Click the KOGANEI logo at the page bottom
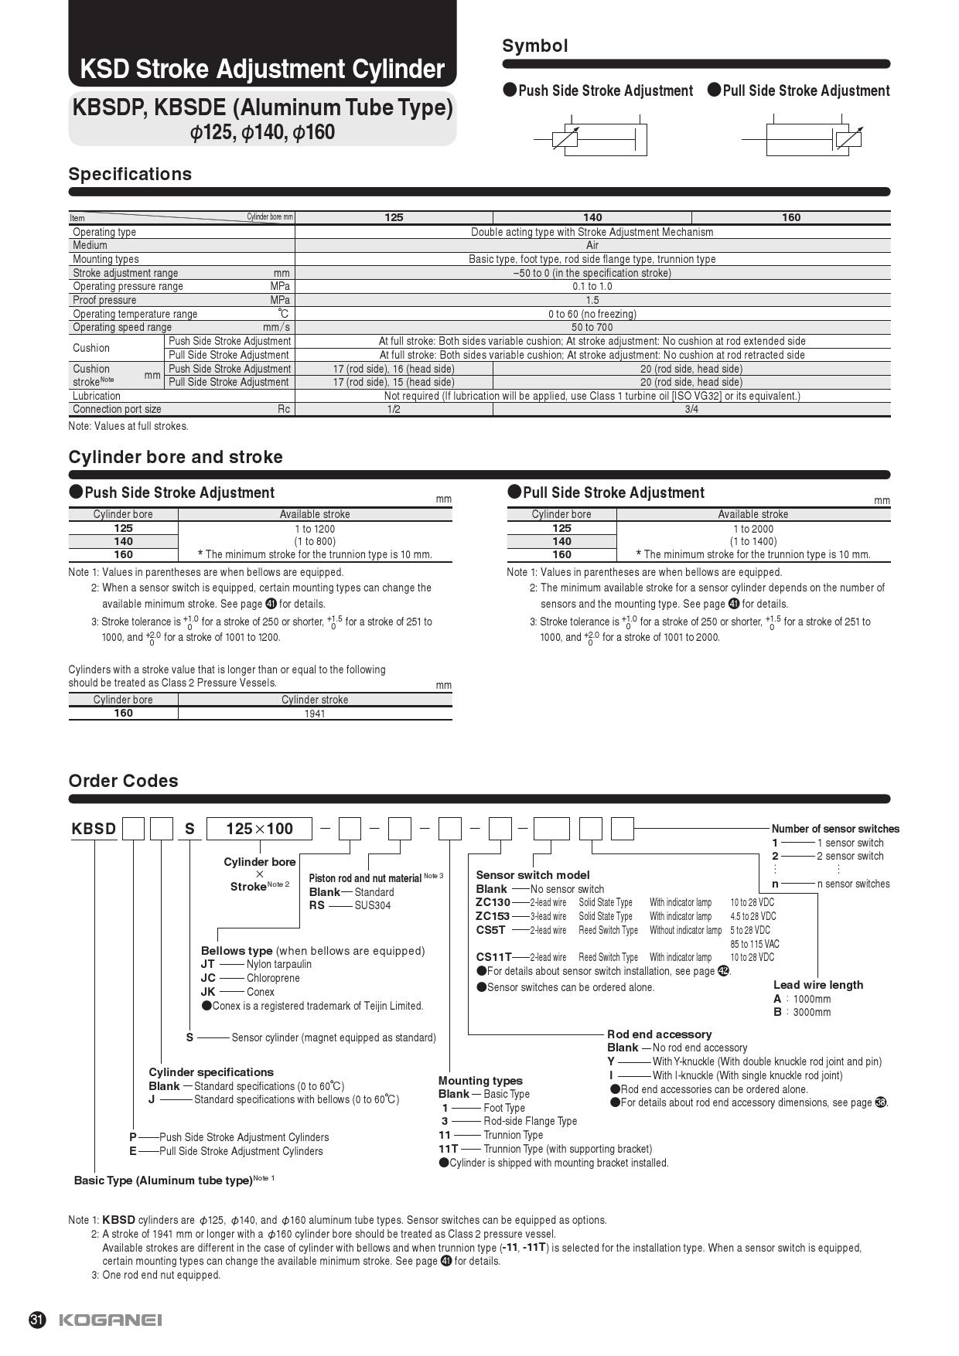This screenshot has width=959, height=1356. [110, 1320]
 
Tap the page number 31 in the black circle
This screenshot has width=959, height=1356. [37, 1320]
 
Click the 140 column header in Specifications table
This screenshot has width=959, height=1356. [592, 217]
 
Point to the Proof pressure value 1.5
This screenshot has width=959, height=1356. [592, 300]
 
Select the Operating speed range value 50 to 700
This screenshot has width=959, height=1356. [592, 327]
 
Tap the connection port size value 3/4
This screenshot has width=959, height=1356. [691, 409]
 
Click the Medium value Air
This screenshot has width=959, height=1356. [592, 245]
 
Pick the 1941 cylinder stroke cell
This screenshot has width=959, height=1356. [315, 714]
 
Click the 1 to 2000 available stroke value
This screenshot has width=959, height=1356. [753, 529]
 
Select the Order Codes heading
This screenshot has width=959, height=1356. [123, 781]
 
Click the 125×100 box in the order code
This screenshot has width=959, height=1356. [259, 829]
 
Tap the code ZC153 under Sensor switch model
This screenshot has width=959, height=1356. [493, 916]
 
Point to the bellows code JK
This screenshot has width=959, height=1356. [208, 991]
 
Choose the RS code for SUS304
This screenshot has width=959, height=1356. [317, 905]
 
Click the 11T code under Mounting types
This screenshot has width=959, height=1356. [449, 1149]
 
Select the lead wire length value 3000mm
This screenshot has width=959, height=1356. [811, 1012]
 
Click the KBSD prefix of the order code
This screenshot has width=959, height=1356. [94, 829]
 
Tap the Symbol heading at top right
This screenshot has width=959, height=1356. [534, 46]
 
